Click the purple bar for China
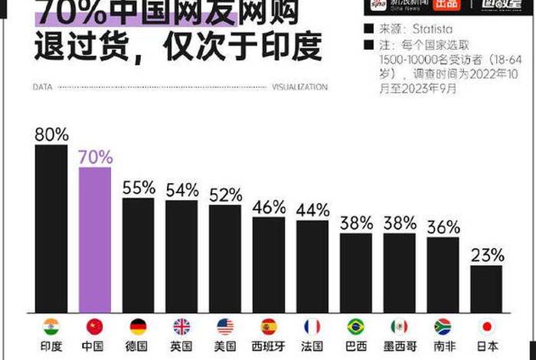click(x=95, y=239)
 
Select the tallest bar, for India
click(x=51, y=228)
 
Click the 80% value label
click(x=51, y=135)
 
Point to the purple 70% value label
click(x=95, y=158)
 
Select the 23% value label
click(x=487, y=255)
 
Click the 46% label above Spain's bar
click(x=269, y=207)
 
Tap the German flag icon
click(x=139, y=326)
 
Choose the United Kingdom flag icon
click(x=182, y=326)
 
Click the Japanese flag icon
click(x=487, y=326)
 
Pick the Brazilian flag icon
click(x=356, y=326)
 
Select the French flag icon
click(x=312, y=326)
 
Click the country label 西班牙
click(x=269, y=347)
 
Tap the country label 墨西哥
click(x=400, y=347)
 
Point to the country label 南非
click(x=443, y=347)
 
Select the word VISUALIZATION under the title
click(x=299, y=87)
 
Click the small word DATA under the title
click(x=42, y=87)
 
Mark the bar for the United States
click(x=225, y=258)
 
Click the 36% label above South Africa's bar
click(x=443, y=227)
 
